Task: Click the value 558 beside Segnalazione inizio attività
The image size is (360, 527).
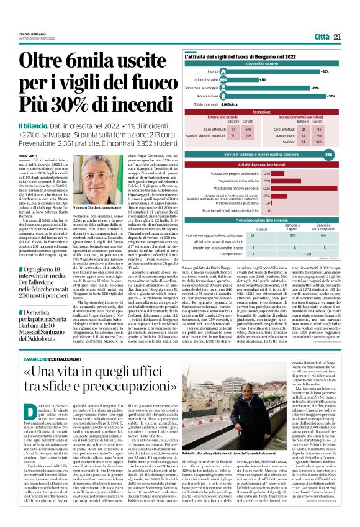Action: click(268, 181)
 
